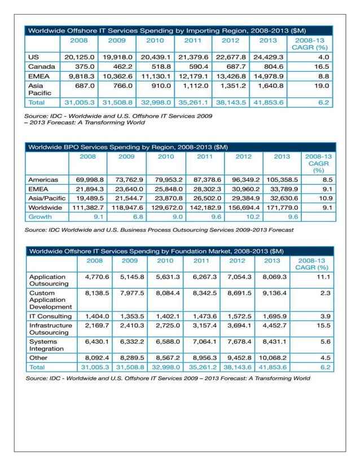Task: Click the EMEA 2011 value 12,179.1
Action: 194,76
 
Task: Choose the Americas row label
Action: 44,179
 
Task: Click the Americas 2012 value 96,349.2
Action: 243,179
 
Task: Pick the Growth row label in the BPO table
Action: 40,216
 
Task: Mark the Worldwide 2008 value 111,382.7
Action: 88,207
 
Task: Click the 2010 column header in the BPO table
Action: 166,156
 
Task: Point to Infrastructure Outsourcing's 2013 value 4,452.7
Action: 273,326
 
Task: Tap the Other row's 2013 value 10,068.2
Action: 271,357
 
